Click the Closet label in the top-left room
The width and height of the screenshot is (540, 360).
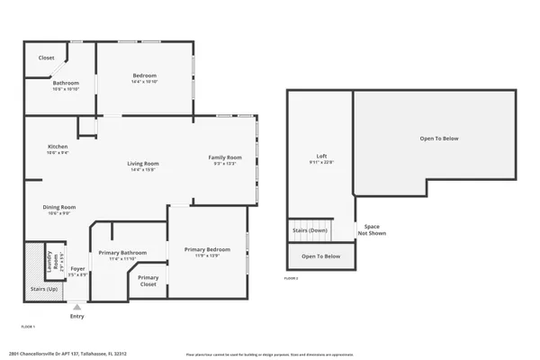pyautogui.click(x=46, y=58)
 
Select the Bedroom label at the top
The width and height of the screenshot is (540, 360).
pyautogui.click(x=145, y=76)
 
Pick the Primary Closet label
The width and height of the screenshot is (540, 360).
pyautogui.click(x=148, y=280)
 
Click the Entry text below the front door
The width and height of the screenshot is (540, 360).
pyautogui.click(x=77, y=316)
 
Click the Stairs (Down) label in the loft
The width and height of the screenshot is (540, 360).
pyautogui.click(x=310, y=230)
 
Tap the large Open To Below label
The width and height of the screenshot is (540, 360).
pyautogui.click(x=438, y=139)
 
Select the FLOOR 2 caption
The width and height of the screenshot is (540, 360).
pyautogui.click(x=291, y=278)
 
